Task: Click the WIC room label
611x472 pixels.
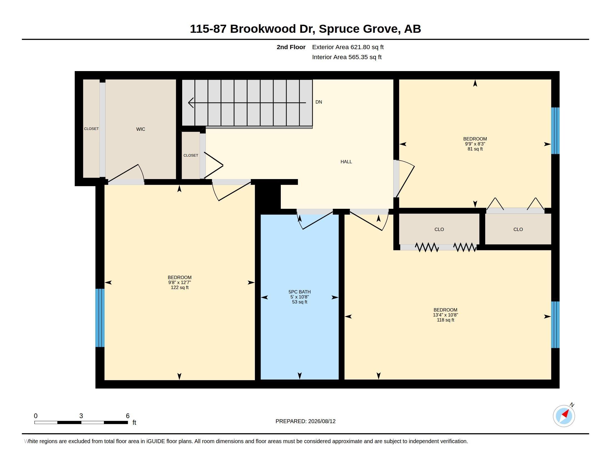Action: pos(141,129)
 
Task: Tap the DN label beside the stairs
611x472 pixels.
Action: pos(319,102)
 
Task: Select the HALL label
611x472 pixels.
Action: pos(346,162)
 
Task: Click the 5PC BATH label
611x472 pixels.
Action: pos(300,292)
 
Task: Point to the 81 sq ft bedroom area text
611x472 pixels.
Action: pos(475,149)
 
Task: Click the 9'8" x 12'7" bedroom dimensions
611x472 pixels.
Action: pos(180,282)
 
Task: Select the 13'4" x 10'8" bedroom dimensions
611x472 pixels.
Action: pos(445,315)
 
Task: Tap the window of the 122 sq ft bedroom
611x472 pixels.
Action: pos(100,318)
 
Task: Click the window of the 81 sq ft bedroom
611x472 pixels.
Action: pos(555,131)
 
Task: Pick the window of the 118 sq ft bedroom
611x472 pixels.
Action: pos(555,325)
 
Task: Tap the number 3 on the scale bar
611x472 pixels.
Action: pos(81,416)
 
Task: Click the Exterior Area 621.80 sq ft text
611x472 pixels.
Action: pos(348,47)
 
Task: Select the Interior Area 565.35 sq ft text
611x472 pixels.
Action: pos(347,57)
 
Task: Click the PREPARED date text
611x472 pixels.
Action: pos(305,421)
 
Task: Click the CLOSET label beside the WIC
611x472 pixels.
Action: pos(91,129)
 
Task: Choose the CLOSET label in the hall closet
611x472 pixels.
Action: pos(191,155)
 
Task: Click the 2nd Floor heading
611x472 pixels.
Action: pos(291,47)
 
